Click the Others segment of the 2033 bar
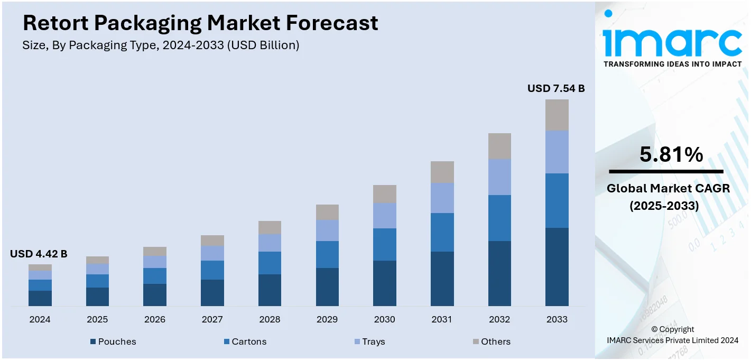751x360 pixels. pyautogui.click(x=557, y=115)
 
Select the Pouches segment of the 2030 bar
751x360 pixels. pyautogui.click(x=385, y=283)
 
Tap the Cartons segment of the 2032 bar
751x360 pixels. pyautogui.click(x=499, y=218)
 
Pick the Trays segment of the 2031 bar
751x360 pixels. pyautogui.click(x=442, y=198)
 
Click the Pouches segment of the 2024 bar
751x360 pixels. pyautogui.click(x=40, y=298)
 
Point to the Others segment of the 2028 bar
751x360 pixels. pyautogui.click(x=270, y=227)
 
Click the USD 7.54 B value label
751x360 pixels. pyautogui.click(x=556, y=88)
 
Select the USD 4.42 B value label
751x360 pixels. pyautogui.click(x=39, y=254)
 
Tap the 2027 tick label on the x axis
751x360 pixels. pyautogui.click(x=212, y=319)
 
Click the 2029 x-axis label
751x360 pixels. pyautogui.click(x=327, y=319)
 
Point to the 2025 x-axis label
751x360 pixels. pyautogui.click(x=97, y=319)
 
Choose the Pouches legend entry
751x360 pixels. pyautogui.click(x=113, y=341)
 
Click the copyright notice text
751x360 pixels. pyautogui.click(x=672, y=335)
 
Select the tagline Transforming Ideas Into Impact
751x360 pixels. pyautogui.click(x=672, y=64)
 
